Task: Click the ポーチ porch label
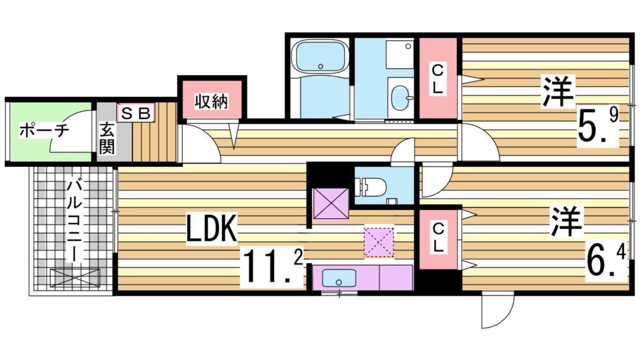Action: [x=43, y=131]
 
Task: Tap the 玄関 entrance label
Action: [x=107, y=139]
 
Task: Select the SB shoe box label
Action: [x=134, y=113]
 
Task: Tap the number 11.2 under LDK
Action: [x=272, y=268]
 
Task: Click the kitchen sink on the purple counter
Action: [x=338, y=276]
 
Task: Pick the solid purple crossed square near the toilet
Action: [x=331, y=203]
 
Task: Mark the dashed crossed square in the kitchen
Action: [x=379, y=242]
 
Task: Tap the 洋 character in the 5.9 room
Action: [x=558, y=91]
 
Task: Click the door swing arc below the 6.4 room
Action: [x=498, y=313]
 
